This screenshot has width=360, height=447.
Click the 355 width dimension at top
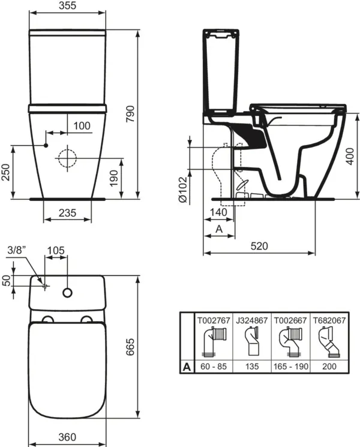click(68, 6)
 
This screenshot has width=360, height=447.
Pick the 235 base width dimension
click(67, 212)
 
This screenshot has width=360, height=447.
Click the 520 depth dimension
click(259, 245)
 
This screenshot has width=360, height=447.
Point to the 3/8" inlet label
click(18, 250)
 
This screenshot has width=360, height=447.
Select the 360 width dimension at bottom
click(68, 437)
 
